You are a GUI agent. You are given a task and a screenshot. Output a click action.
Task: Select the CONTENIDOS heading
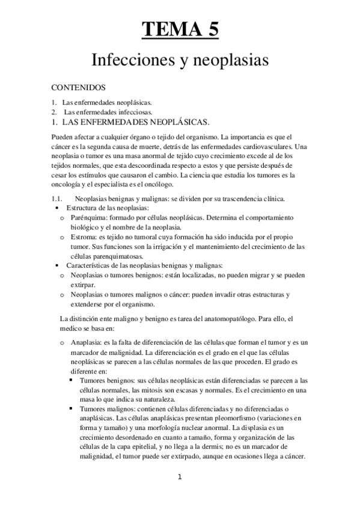point(79,87)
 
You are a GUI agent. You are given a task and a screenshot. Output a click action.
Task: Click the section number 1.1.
point(58,198)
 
